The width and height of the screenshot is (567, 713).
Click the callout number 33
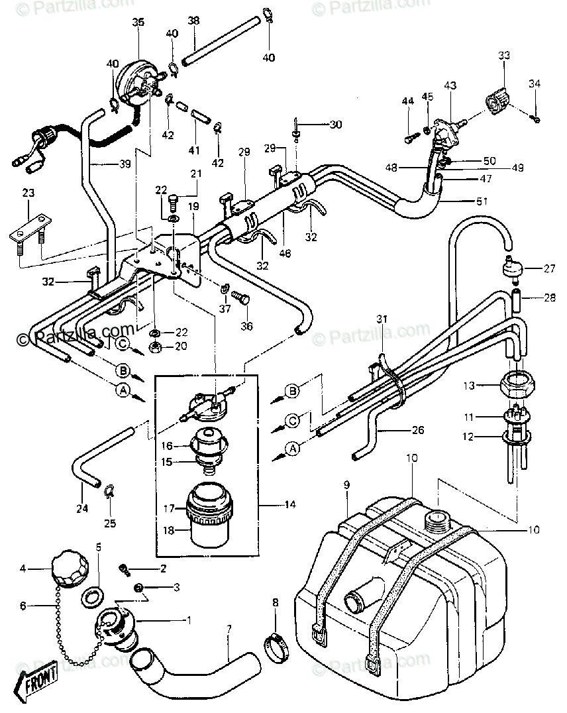point(504,56)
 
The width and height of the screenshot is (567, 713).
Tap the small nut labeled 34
point(536,119)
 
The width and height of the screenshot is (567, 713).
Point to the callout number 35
point(138,22)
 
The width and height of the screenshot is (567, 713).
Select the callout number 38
point(193,21)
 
